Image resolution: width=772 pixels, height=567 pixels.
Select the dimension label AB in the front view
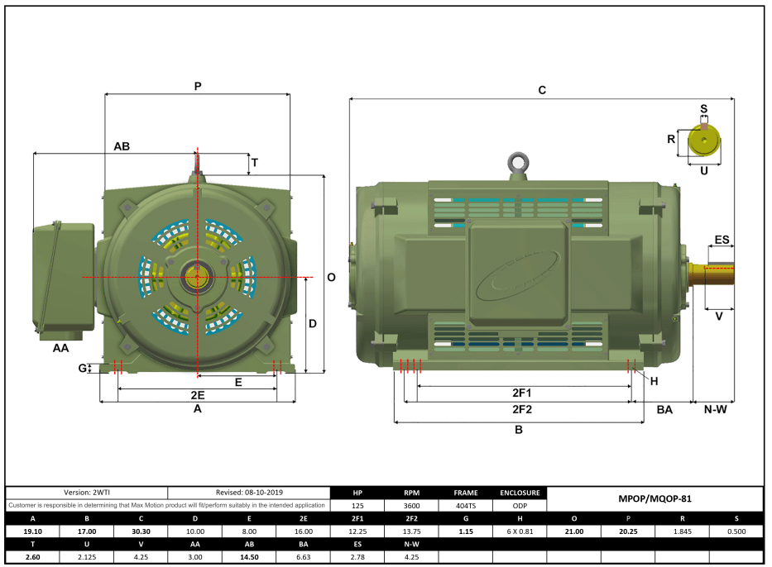pyautogui.click(x=122, y=145)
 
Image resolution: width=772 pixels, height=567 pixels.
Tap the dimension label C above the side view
pyautogui.click(x=542, y=90)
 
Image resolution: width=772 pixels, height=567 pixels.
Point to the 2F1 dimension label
pyautogui.click(x=521, y=393)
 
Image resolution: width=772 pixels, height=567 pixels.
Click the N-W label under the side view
pyautogui.click(x=715, y=410)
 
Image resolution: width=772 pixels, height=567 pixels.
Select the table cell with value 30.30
pyautogui.click(x=141, y=531)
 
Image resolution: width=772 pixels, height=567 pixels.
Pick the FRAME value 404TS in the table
pyautogui.click(x=465, y=505)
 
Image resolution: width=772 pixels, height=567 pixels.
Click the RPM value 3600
pyautogui.click(x=411, y=505)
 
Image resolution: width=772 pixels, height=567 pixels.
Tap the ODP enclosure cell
pyautogui.click(x=520, y=505)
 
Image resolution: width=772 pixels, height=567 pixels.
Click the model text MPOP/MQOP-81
pyautogui.click(x=655, y=498)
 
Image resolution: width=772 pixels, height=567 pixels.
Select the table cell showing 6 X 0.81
pyautogui.click(x=520, y=531)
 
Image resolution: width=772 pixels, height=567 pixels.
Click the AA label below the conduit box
pyautogui.click(x=60, y=348)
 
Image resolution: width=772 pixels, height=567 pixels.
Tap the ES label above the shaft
pyautogui.click(x=722, y=240)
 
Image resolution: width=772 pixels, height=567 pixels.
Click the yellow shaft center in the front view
pyautogui.click(x=198, y=276)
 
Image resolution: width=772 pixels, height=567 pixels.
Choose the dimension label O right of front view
pyautogui.click(x=331, y=278)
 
